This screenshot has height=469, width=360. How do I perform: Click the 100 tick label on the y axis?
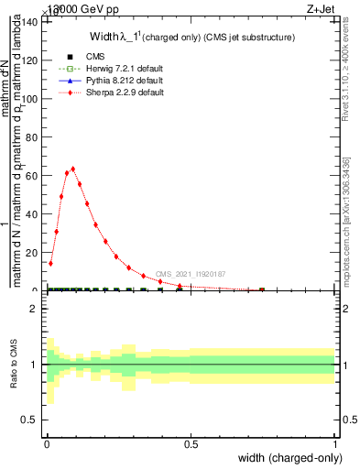30,98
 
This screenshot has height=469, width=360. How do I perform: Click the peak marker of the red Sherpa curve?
72,169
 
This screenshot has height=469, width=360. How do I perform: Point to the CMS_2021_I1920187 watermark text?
190,274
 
